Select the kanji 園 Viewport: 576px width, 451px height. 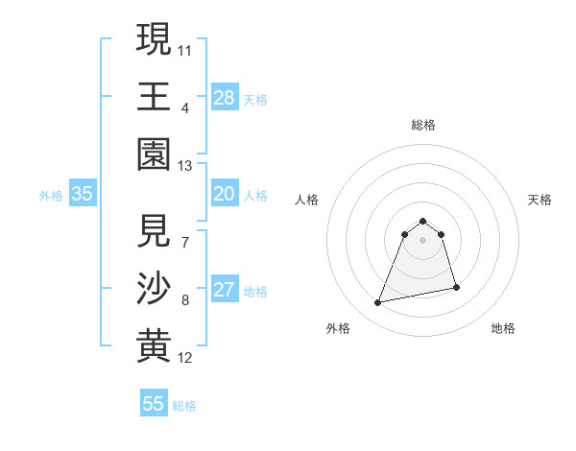(154, 154)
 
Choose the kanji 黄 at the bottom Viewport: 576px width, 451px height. (154, 346)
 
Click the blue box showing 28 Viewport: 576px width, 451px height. (225, 97)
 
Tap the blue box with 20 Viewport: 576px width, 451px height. (225, 194)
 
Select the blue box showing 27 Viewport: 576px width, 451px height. (225, 290)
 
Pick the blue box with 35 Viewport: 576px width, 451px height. (83, 194)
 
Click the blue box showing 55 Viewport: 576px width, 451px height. (154, 404)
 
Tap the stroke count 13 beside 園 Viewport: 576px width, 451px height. (185, 166)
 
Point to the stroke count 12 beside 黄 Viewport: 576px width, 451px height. (185, 358)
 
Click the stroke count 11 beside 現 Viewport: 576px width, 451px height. (185, 49)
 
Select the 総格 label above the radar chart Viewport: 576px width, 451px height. (423, 125)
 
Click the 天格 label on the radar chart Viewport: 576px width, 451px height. (540, 200)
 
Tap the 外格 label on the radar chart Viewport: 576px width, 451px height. (338, 328)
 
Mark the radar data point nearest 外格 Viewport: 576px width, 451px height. (378, 303)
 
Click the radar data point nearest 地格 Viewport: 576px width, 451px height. (456, 288)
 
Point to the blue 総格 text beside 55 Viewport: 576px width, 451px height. (184, 406)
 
